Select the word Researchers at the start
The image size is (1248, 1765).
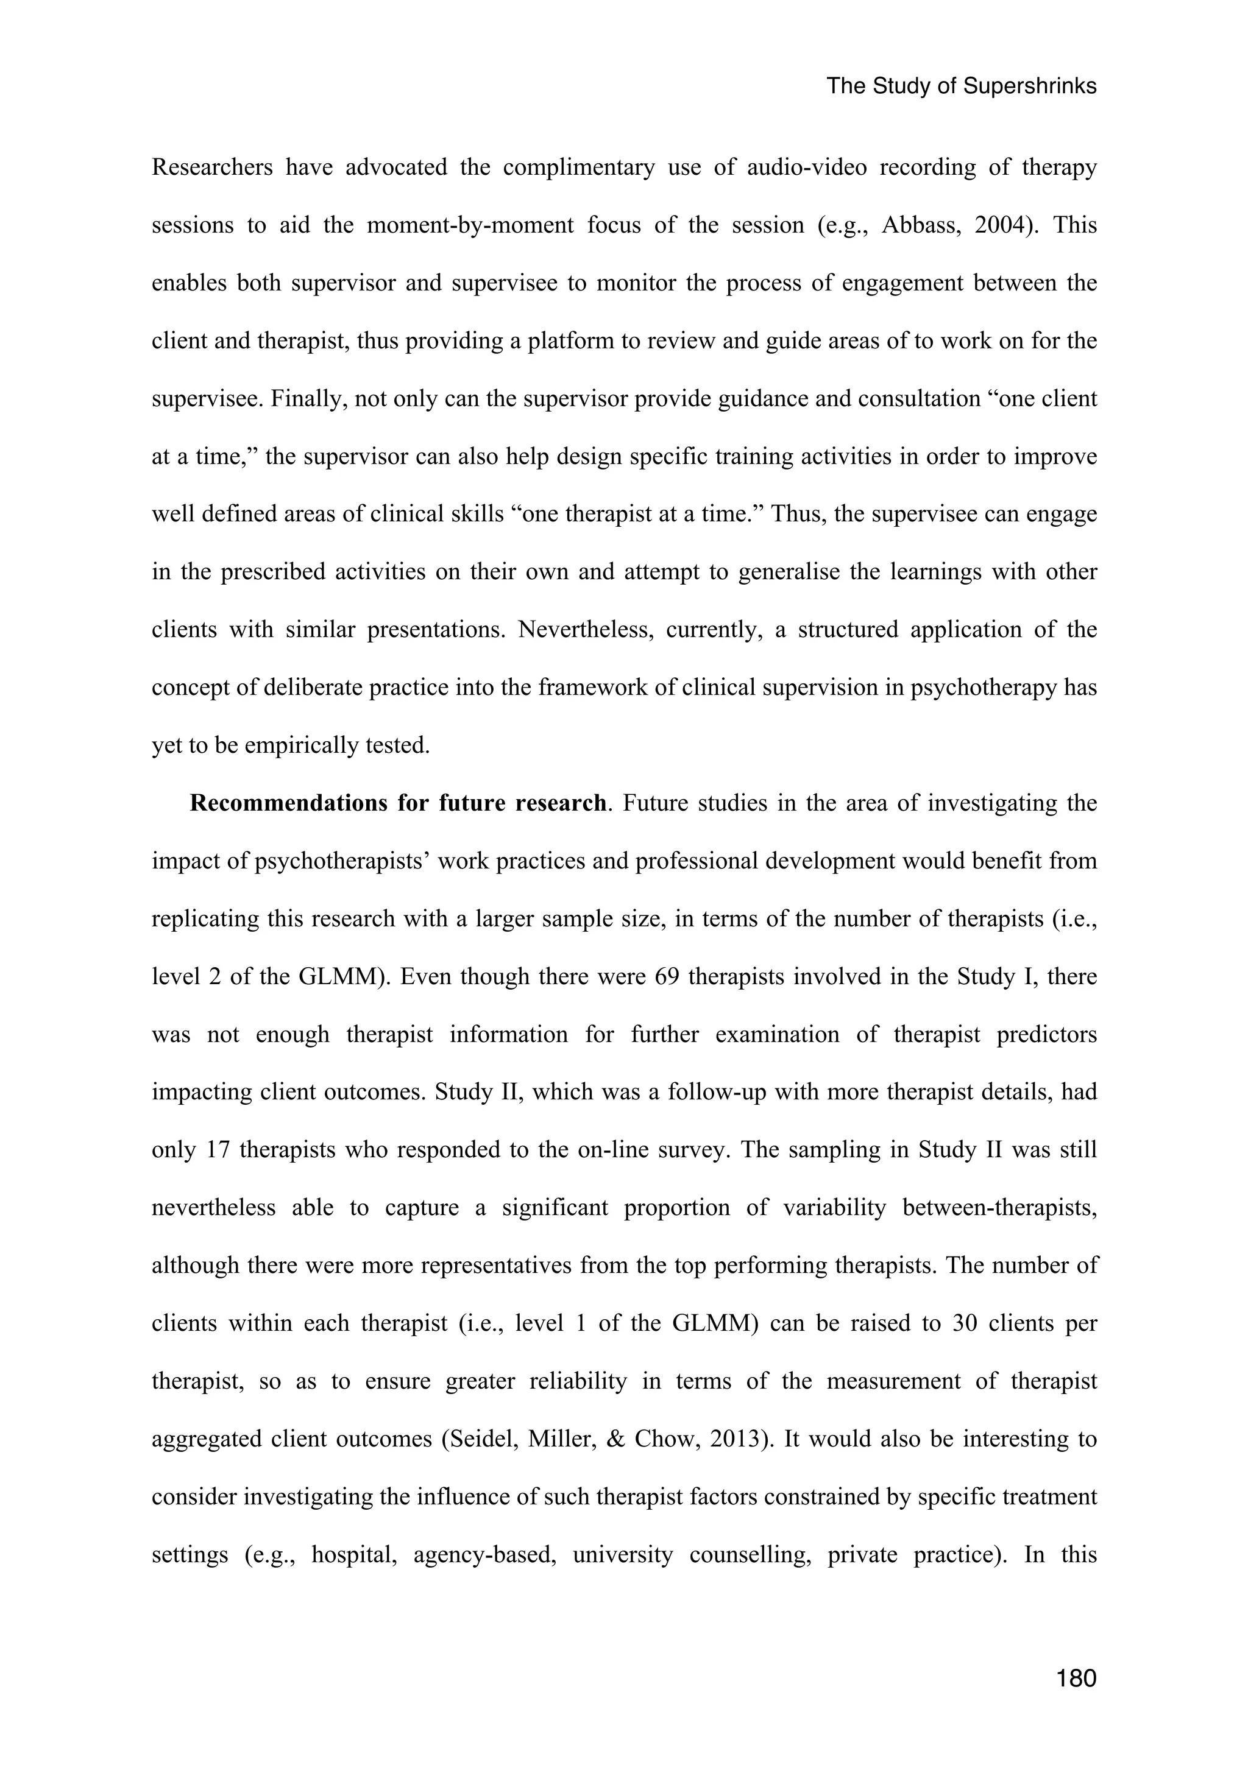[x=212, y=167]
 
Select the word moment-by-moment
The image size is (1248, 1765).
[x=470, y=225]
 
